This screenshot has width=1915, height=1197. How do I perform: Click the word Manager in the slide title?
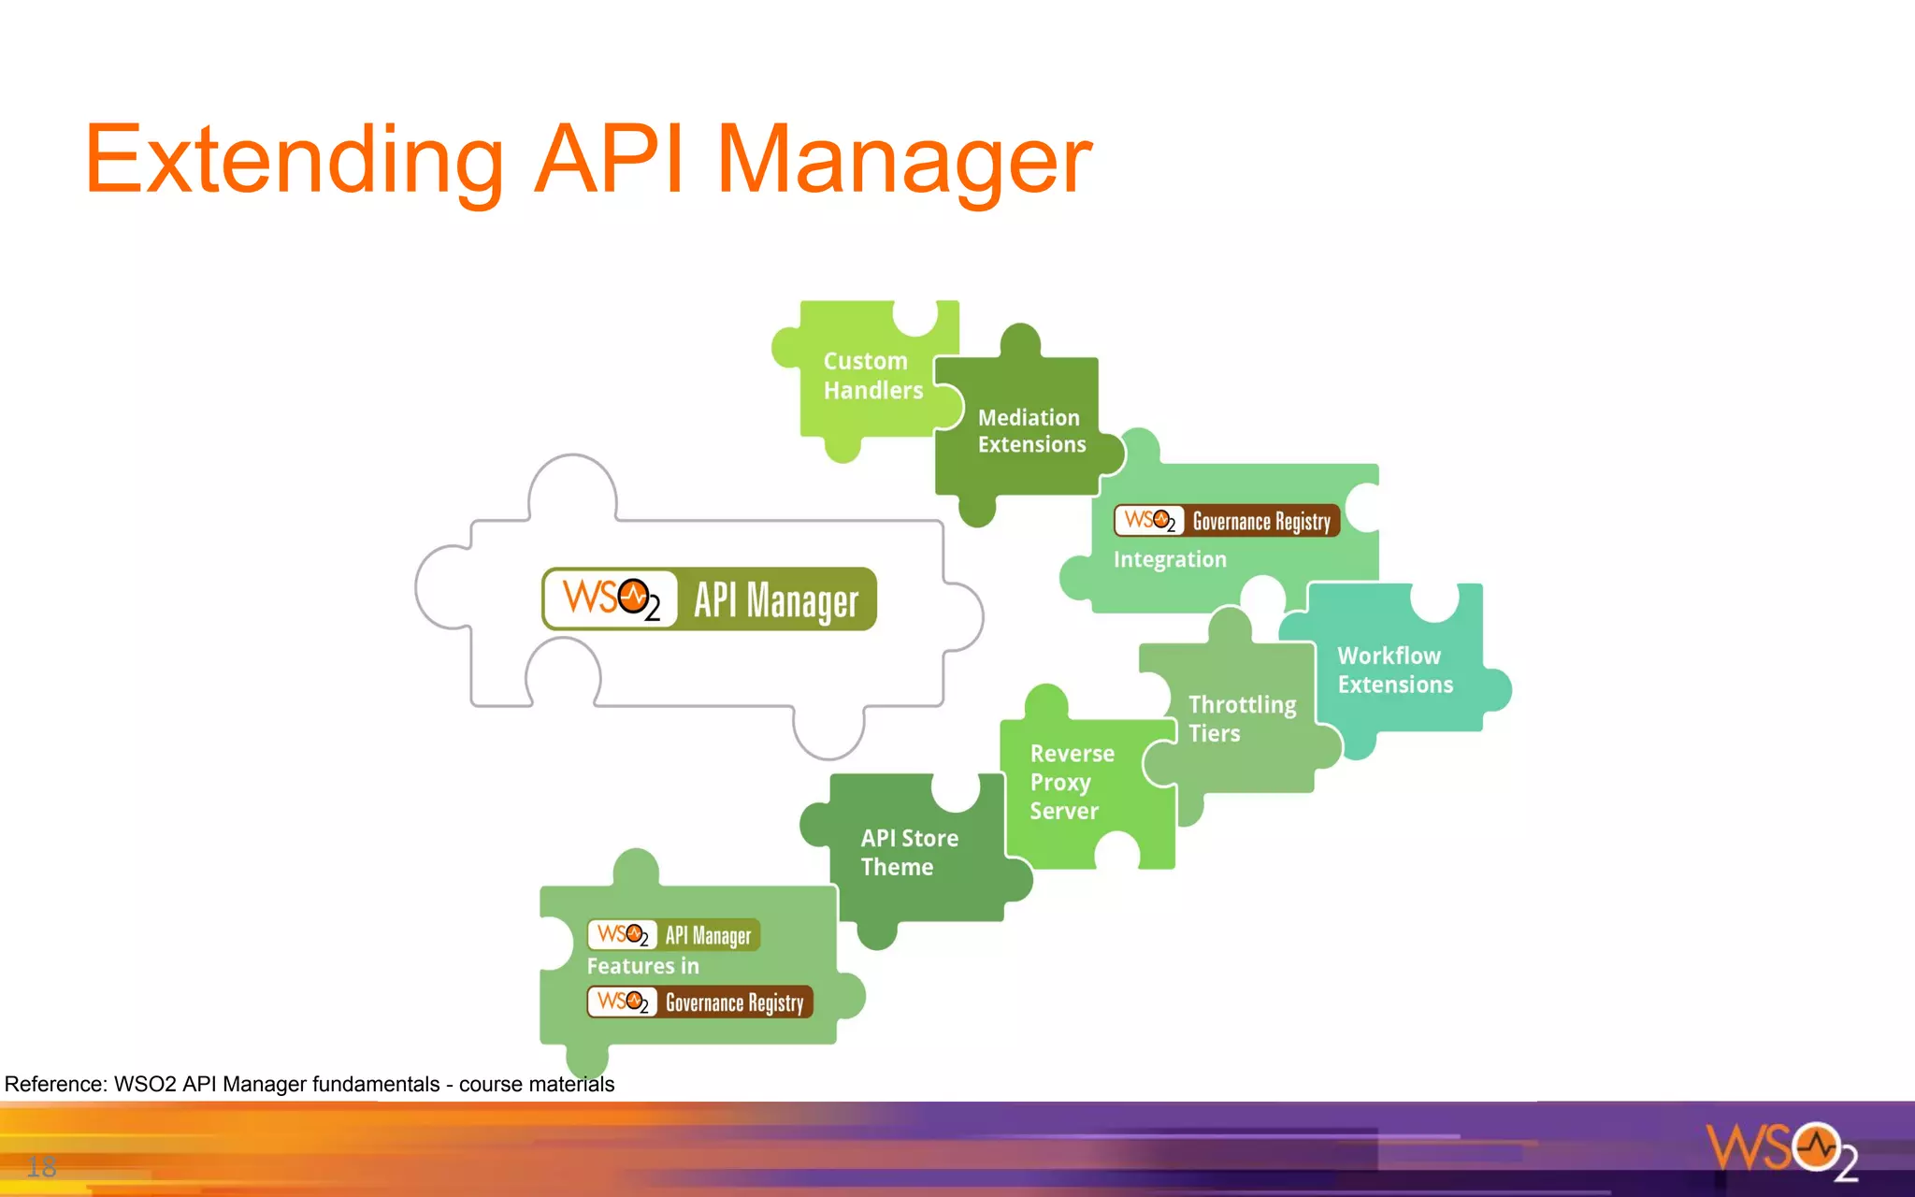(x=903, y=161)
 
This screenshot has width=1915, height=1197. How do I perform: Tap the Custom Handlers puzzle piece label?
(x=871, y=376)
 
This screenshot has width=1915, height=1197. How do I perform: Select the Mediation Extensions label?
(x=1031, y=431)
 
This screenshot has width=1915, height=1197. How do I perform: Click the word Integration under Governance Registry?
(x=1169, y=559)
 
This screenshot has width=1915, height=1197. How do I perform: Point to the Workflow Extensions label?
(x=1394, y=670)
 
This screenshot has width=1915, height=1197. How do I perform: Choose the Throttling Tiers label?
(x=1241, y=718)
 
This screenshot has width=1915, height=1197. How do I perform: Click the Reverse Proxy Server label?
(x=1071, y=782)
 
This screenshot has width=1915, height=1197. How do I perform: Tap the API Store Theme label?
(x=908, y=852)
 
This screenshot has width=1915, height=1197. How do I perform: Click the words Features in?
(x=642, y=966)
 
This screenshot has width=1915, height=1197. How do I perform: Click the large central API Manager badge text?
(x=775, y=600)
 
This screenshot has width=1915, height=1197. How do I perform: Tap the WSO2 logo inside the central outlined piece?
(x=612, y=599)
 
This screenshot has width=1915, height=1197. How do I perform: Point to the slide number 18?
(x=41, y=1166)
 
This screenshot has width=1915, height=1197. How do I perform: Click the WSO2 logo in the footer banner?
(x=1782, y=1149)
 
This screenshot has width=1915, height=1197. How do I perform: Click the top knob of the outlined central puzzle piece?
(x=572, y=484)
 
